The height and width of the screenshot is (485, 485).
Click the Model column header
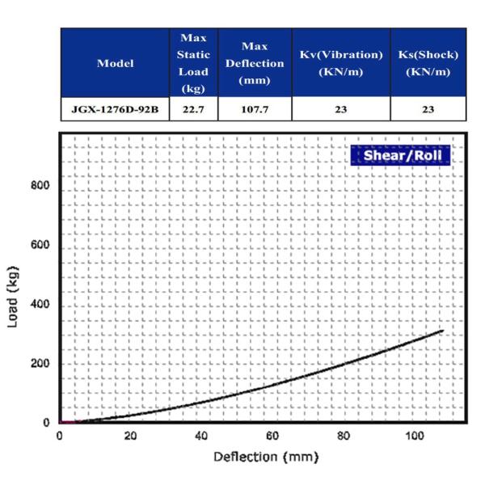pyautogui.click(x=115, y=63)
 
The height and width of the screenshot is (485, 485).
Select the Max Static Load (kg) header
pyautogui.click(x=193, y=63)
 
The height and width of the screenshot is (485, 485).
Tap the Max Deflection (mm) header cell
pyautogui.click(x=255, y=63)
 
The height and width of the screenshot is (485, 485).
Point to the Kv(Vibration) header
pyautogui.click(x=340, y=62)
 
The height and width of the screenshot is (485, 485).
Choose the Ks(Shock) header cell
pyautogui.click(x=429, y=62)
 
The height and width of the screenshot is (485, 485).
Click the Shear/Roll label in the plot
pyautogui.click(x=399, y=156)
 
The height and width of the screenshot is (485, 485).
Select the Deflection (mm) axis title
pyautogui.click(x=265, y=457)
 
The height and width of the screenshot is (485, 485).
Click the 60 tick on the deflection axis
pyautogui.click(x=272, y=436)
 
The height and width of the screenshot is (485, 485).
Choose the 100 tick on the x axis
pyautogui.click(x=414, y=436)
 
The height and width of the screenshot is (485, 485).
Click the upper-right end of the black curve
pyautogui.click(x=443, y=330)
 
